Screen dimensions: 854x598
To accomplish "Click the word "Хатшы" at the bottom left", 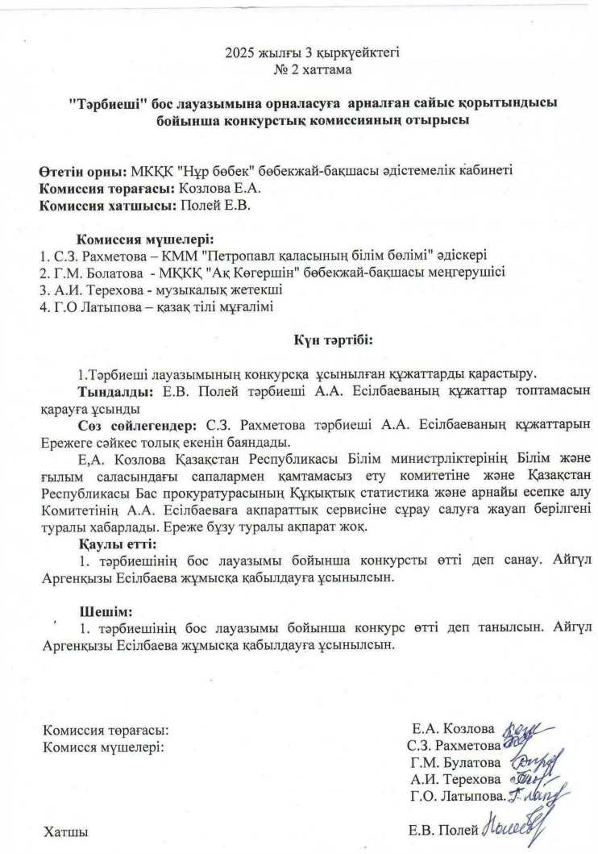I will point(64,830).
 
